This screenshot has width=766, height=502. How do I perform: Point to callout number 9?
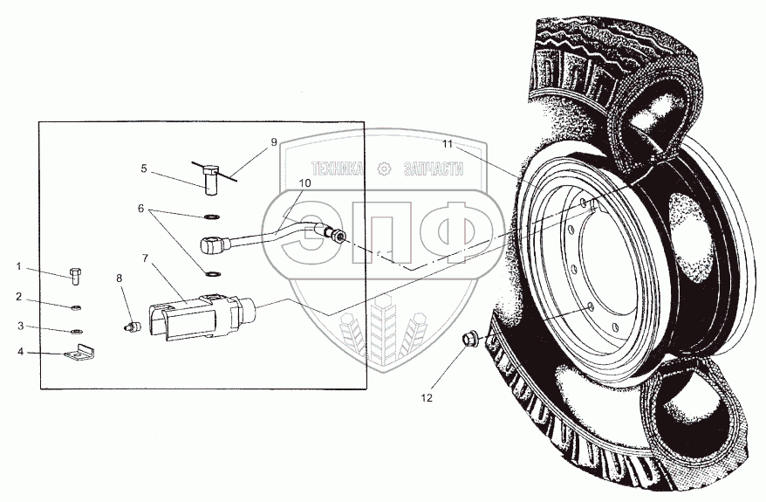(x=273, y=141)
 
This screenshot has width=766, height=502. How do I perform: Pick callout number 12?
(x=427, y=399)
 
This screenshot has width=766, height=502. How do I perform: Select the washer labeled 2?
(x=76, y=307)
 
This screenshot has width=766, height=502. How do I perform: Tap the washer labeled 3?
(x=76, y=331)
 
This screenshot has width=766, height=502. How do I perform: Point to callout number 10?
(x=304, y=183)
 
